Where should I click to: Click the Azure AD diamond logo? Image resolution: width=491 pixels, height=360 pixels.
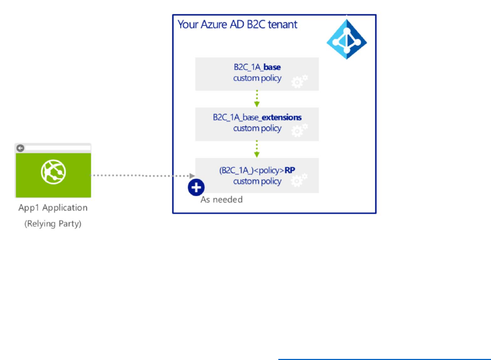(x=347, y=39)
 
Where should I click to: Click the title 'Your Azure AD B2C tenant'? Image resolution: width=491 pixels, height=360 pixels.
(x=237, y=25)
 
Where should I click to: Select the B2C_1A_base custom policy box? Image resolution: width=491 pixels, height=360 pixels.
(x=257, y=74)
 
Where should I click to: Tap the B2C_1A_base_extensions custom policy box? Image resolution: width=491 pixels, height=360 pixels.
(x=257, y=124)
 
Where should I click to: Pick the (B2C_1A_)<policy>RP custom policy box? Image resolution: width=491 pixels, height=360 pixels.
(x=257, y=175)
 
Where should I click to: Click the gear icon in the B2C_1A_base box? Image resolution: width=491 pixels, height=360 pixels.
(x=299, y=81)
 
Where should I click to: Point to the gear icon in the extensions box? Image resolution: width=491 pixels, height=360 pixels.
(x=299, y=131)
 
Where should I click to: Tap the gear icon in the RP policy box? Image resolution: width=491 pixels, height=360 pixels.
(x=299, y=181)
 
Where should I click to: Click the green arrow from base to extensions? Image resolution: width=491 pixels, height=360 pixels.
(x=257, y=99)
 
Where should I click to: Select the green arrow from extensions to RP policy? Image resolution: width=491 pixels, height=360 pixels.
(x=257, y=149)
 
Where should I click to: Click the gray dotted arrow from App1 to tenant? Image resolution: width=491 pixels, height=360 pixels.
(x=143, y=175)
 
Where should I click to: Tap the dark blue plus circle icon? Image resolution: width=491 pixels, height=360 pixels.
(x=196, y=187)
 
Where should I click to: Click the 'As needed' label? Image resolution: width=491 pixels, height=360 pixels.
(x=221, y=200)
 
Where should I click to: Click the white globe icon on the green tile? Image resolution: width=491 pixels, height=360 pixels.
(x=53, y=172)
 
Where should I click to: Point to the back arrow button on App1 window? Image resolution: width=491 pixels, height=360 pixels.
(x=20, y=148)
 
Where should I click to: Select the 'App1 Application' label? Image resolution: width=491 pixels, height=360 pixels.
(x=53, y=208)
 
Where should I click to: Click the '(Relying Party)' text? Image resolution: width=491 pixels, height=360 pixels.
(x=53, y=223)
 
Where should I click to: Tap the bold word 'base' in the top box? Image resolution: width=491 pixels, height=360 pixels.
(x=272, y=68)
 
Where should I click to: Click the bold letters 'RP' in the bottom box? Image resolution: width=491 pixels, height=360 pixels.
(x=290, y=170)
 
